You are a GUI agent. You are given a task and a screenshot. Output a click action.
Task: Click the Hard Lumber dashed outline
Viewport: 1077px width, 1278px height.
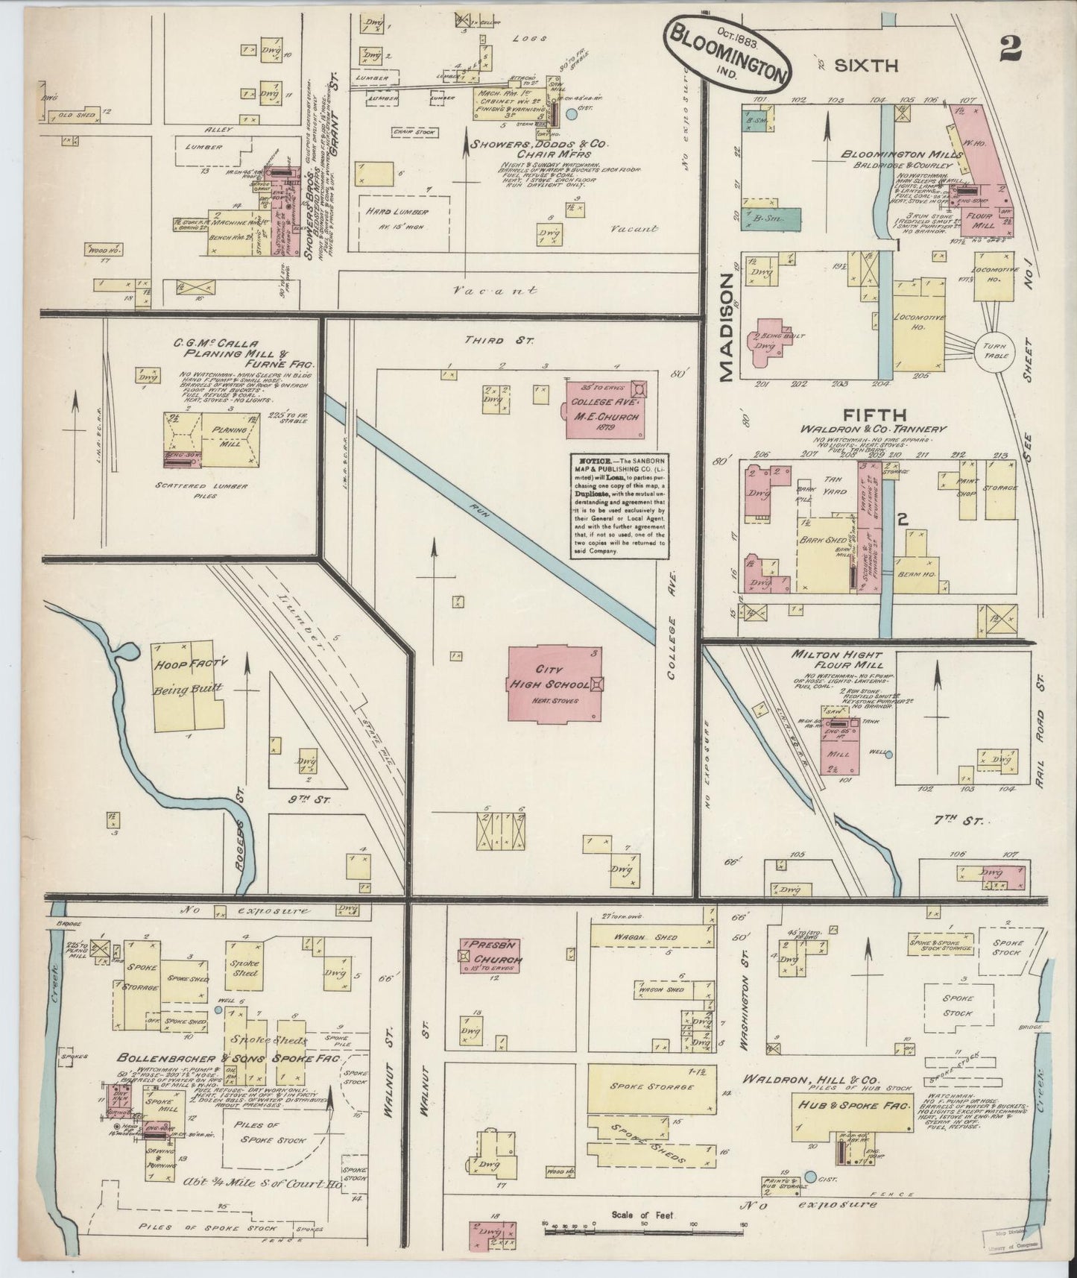[404, 222]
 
